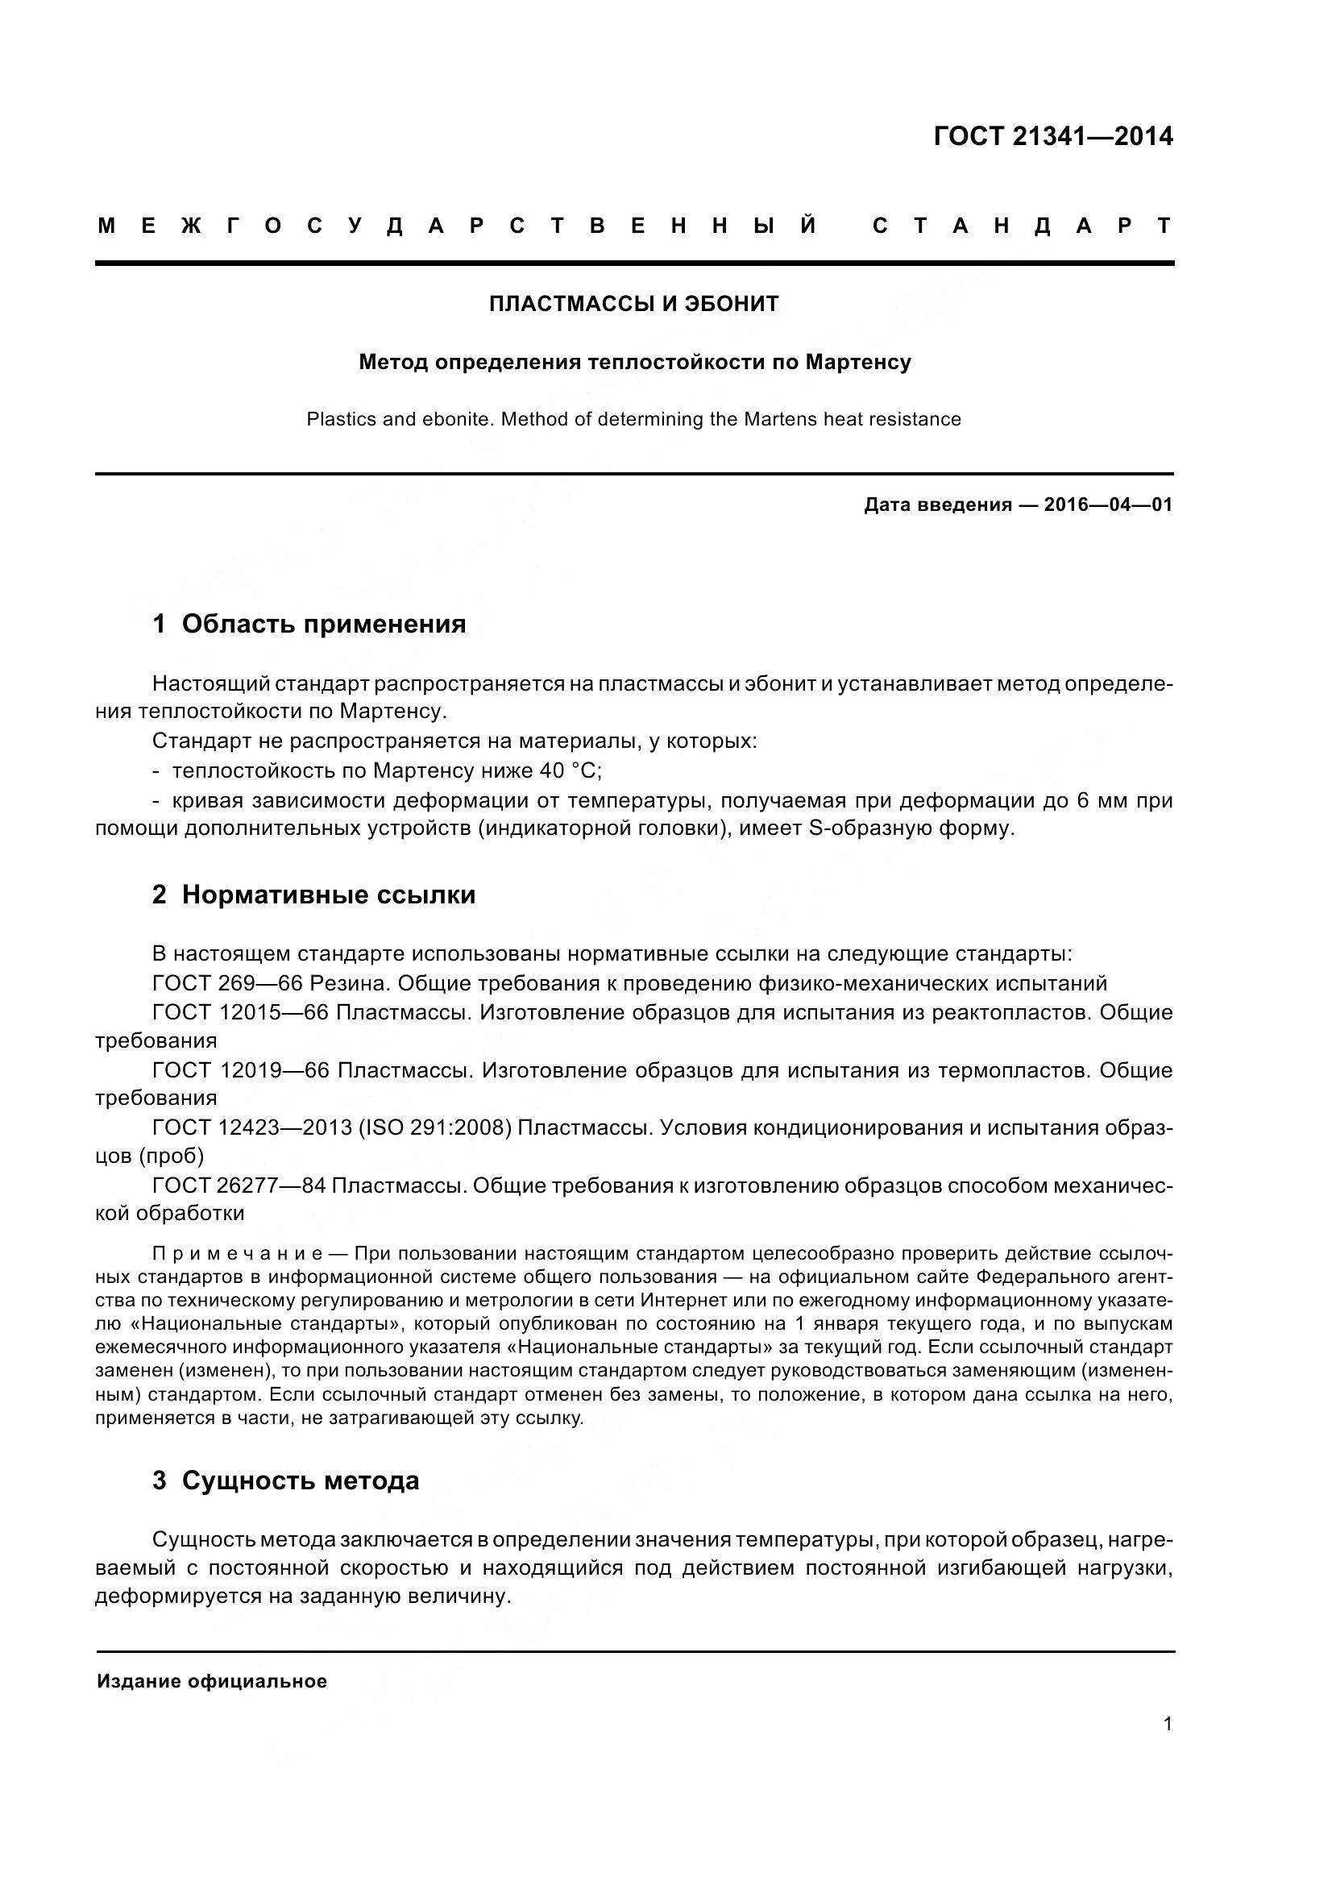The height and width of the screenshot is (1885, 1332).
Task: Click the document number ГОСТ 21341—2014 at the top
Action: [x=1053, y=136]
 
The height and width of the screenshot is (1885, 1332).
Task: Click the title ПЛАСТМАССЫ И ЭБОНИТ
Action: [x=633, y=305]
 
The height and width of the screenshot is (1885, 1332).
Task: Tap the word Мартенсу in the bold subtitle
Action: [x=857, y=362]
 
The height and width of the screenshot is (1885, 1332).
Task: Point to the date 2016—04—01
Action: [x=1108, y=505]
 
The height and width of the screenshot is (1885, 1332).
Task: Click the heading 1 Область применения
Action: [x=309, y=624]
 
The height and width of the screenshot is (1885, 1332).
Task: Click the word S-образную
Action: [x=870, y=828]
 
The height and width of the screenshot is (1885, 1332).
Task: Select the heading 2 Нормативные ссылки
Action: [x=313, y=895]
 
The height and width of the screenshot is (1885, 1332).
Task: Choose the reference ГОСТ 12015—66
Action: [x=239, y=1012]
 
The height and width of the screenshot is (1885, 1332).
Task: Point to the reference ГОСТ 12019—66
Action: [x=239, y=1070]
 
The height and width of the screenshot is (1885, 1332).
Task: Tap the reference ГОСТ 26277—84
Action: [x=239, y=1185]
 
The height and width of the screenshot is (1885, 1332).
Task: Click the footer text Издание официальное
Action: [x=212, y=1681]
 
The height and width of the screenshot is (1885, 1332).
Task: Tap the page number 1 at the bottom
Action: [x=1167, y=1724]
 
